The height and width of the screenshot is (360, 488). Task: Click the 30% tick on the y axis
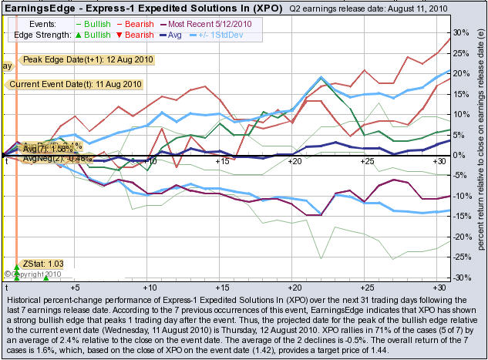click(x=460, y=33)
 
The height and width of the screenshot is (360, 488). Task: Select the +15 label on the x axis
click(x=222, y=162)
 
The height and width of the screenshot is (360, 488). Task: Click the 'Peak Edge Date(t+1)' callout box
click(x=88, y=59)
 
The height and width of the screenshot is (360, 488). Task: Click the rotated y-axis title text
click(x=480, y=154)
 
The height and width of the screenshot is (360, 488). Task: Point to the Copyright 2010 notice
click(x=33, y=274)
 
